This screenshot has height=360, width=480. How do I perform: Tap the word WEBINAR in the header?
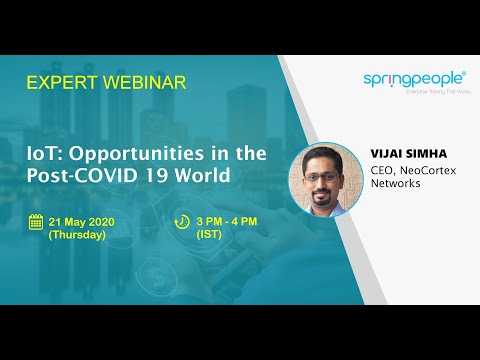point(143,83)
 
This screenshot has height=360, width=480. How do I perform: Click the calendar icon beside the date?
point(35,222)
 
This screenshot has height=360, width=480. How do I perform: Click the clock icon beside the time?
point(182,222)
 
